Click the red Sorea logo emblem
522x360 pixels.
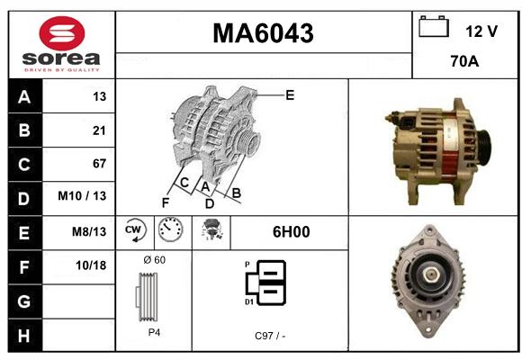point(62,33)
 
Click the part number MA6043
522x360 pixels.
point(263,33)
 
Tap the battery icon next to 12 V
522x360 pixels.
point(434,27)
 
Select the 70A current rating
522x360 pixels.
point(464,61)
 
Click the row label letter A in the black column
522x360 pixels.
point(24,97)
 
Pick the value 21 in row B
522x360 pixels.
point(99,130)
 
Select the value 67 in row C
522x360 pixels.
point(99,164)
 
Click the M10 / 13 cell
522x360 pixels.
point(82,196)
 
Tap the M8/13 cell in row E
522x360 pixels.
point(89,231)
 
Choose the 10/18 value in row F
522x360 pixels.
point(91,265)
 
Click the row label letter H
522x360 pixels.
point(24,336)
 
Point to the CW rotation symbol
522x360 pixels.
point(134,229)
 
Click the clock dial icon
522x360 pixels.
point(170,229)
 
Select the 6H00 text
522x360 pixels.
point(292,232)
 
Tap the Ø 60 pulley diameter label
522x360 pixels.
point(155,260)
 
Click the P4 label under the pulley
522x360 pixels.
point(154,332)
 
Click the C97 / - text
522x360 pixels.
point(270,336)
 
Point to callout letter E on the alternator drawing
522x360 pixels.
point(290,95)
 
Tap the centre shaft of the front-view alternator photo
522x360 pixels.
point(431,274)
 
